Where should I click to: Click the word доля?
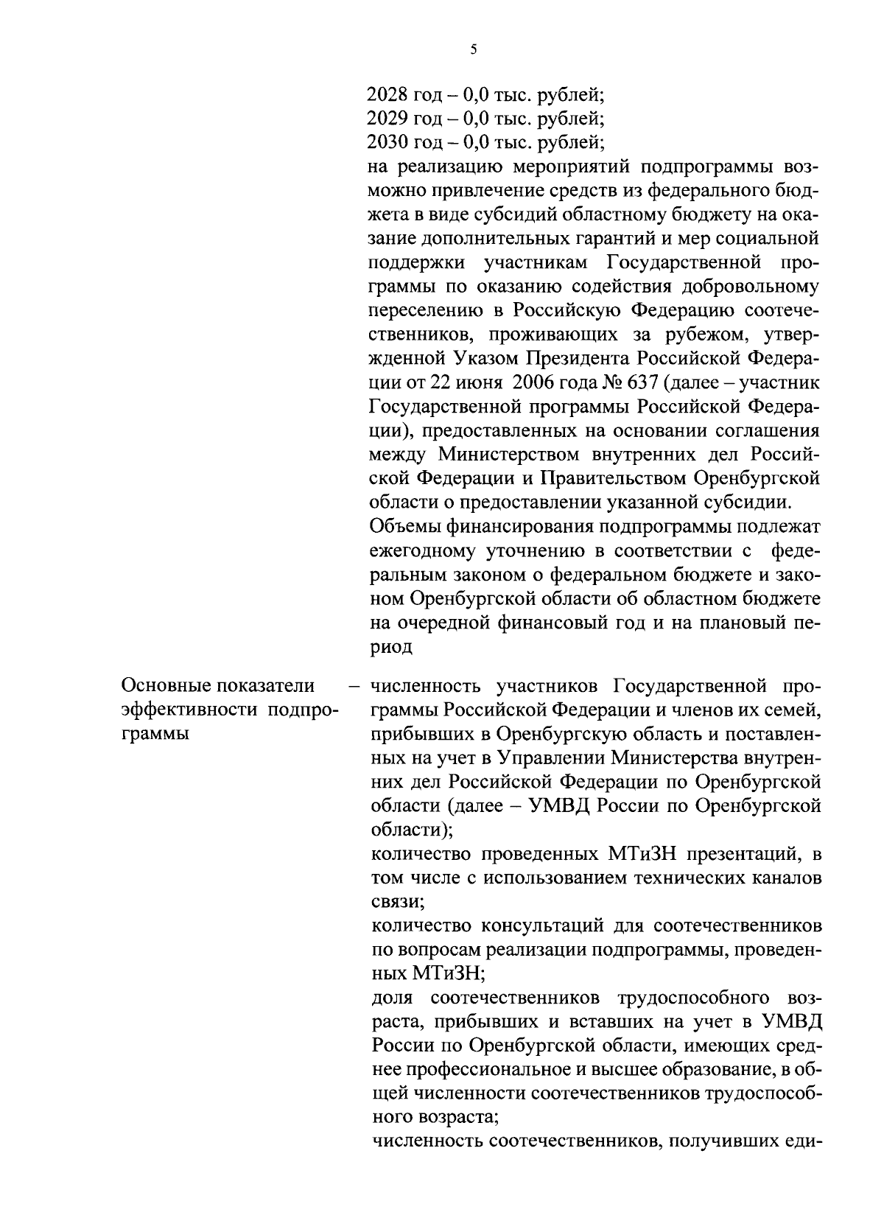point(391,998)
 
